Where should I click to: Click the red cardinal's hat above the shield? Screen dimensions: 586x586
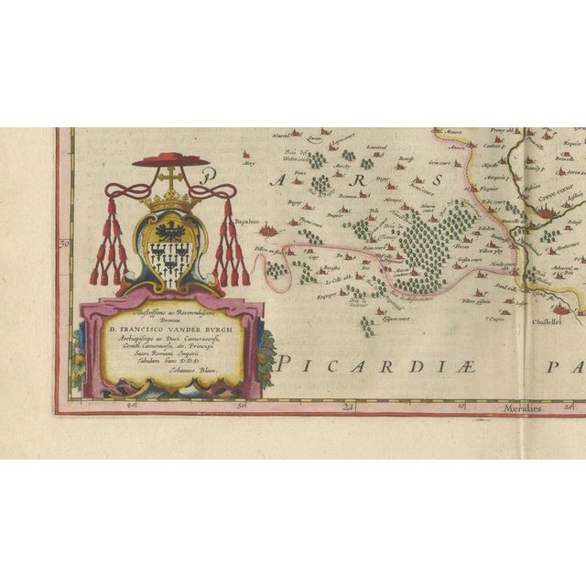click(170, 160)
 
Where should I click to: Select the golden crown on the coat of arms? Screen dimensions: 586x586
click(170, 199)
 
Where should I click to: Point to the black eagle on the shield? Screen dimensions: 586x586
click(170, 230)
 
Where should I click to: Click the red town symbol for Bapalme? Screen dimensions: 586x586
click(267, 231)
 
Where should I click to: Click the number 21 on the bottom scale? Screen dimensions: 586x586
click(348, 406)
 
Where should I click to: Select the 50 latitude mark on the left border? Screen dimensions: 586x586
click(64, 244)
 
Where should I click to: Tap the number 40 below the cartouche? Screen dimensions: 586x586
click(131, 403)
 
